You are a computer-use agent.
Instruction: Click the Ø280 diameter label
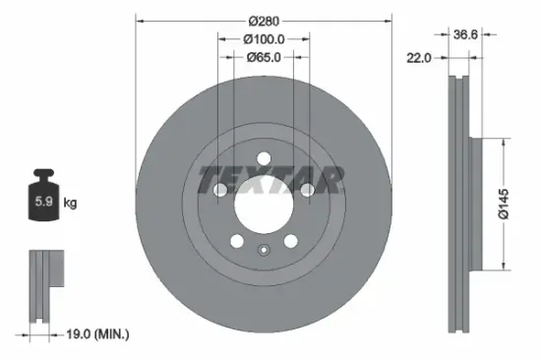(x=263, y=20)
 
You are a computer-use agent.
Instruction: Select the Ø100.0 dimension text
(x=263, y=39)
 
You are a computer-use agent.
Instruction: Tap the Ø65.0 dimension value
(x=263, y=58)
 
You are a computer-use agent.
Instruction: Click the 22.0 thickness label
(x=420, y=59)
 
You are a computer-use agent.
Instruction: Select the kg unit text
(x=70, y=204)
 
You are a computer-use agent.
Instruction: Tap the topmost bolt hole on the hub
(x=264, y=157)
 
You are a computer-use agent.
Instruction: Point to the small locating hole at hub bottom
(x=264, y=249)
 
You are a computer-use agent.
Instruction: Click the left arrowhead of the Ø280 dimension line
(x=140, y=20)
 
